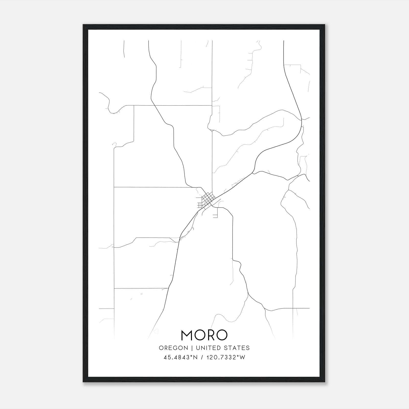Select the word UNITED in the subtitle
tap(210, 348)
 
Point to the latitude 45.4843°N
tap(180, 357)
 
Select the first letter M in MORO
tap(187, 335)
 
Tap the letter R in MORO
tap(210, 335)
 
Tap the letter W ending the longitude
tap(243, 357)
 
